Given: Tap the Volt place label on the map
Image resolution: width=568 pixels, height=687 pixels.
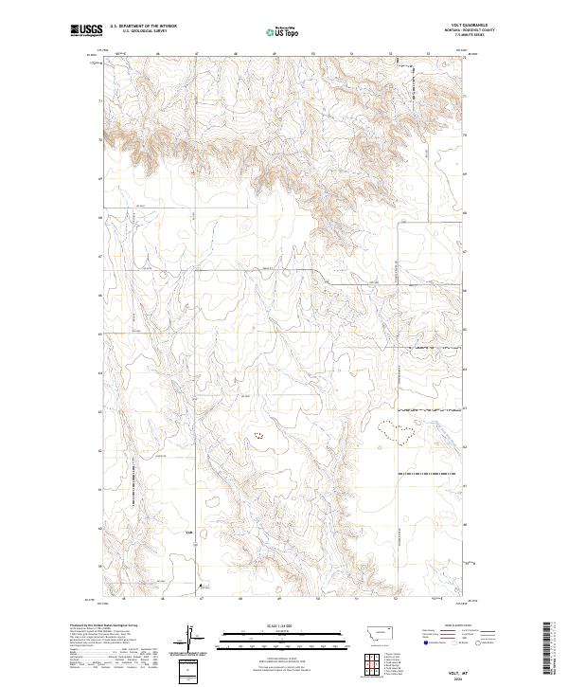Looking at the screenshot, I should click(x=189, y=533).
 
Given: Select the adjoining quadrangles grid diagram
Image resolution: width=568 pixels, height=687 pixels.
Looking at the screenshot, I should click(x=366, y=658).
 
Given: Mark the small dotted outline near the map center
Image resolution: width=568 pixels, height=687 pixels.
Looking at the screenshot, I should click(x=257, y=436).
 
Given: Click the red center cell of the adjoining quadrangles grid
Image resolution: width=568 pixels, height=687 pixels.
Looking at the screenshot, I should click(x=366, y=658).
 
